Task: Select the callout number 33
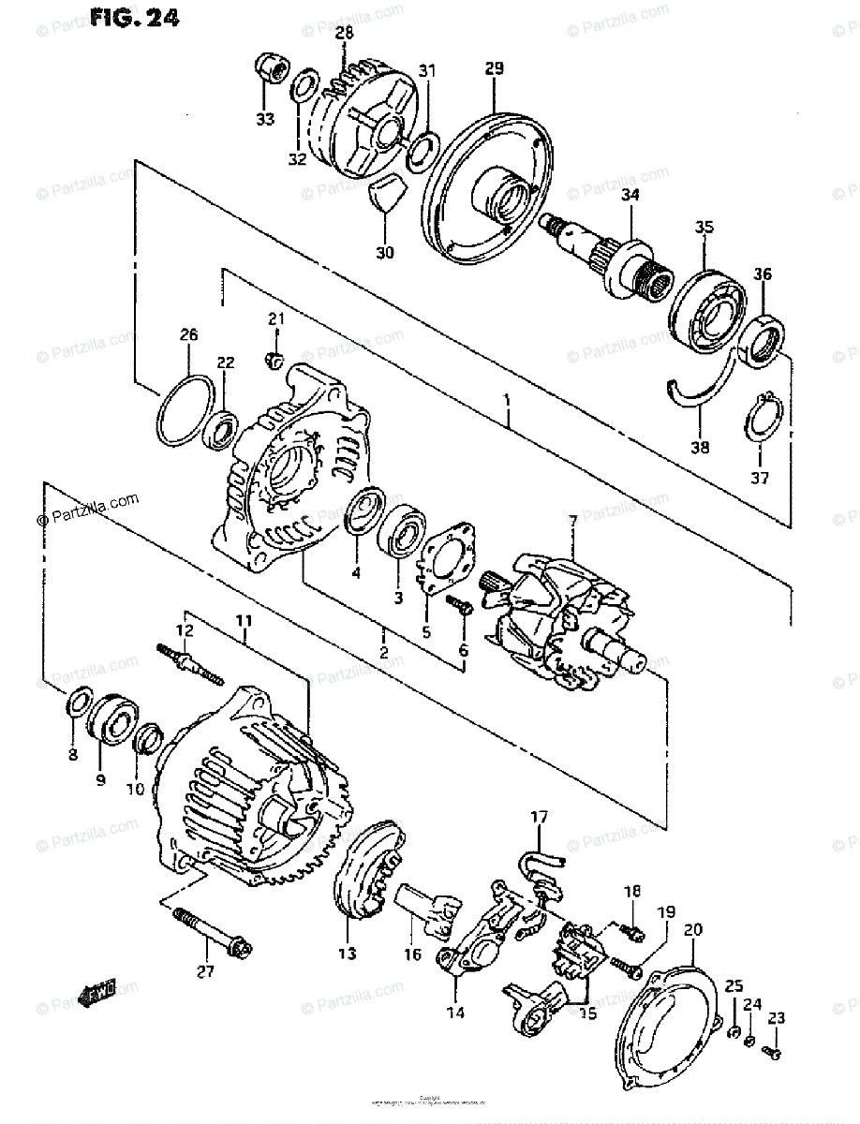[x=265, y=119]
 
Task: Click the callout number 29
[x=495, y=67]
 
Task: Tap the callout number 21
[x=274, y=320]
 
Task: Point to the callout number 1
[x=506, y=401]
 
